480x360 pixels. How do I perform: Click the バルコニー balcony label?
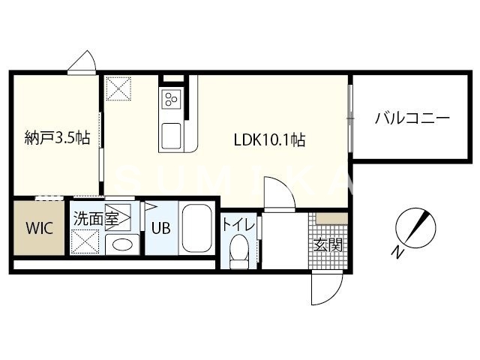pos(412,118)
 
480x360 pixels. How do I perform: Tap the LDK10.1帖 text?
pos(268,139)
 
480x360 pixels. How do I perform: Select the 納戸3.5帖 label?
pos(57,138)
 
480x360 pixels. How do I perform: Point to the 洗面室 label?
pos(95,219)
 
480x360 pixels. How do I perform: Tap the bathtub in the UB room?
pos(197,228)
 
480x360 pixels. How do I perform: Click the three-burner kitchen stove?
pos(171,99)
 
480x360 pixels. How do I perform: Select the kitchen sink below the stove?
pos(170,136)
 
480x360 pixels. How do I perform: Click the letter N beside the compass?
pos(399,253)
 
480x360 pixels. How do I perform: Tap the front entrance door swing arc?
pos(325,289)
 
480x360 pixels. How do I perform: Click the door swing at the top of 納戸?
pos(82,63)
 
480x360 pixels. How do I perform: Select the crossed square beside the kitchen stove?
pos(118,89)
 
